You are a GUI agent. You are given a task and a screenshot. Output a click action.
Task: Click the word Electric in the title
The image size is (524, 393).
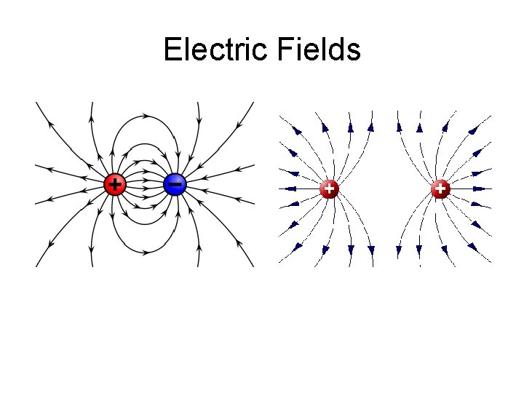(216, 50)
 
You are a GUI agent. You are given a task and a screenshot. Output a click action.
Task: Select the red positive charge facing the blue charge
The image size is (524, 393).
(115, 184)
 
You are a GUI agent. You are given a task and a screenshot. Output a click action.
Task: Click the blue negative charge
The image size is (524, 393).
(175, 184)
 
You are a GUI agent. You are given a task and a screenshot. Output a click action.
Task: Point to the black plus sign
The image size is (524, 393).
(114, 183)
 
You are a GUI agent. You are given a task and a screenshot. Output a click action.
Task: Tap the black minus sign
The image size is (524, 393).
(175, 184)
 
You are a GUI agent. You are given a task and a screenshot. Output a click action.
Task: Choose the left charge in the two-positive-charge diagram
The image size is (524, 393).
(330, 188)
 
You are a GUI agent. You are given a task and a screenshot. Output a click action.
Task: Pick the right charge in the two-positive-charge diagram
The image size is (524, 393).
(440, 188)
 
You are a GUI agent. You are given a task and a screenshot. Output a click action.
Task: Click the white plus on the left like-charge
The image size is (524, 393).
(330, 188)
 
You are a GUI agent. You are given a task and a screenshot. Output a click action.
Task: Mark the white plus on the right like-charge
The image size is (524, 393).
(440, 188)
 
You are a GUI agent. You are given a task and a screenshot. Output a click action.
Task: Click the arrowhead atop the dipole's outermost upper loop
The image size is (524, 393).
(146, 115)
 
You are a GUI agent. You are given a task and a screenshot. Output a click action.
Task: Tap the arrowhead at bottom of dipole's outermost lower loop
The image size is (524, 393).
(146, 253)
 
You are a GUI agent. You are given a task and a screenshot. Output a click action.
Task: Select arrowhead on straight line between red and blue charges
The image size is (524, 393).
(146, 184)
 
